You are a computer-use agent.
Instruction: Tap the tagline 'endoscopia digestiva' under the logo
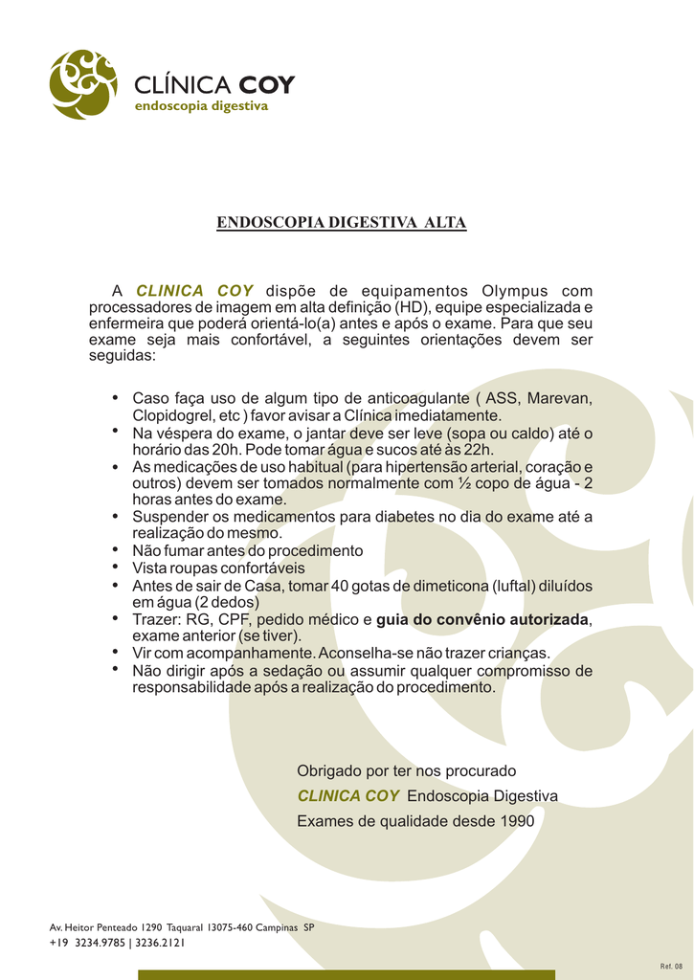pyautogui.click(x=200, y=106)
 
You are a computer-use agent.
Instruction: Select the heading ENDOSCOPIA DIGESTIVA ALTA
pyautogui.click(x=342, y=223)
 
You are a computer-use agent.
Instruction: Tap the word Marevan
pyautogui.click(x=560, y=398)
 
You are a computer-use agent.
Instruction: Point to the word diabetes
pyautogui.click(x=405, y=517)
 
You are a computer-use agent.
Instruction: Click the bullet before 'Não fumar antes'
pyautogui.click(x=116, y=549)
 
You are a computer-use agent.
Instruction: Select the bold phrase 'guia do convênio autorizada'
pyautogui.click(x=482, y=619)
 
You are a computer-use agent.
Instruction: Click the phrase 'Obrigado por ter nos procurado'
pyautogui.click(x=406, y=770)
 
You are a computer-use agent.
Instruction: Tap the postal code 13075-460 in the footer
pyautogui.click(x=230, y=928)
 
